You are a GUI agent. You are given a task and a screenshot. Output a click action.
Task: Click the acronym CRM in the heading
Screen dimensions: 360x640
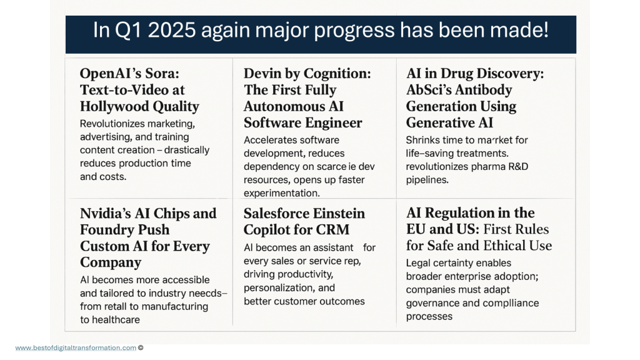pyautogui.click(x=332, y=229)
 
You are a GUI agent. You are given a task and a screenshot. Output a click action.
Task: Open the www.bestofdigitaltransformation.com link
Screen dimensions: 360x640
pyautogui.click(x=75, y=348)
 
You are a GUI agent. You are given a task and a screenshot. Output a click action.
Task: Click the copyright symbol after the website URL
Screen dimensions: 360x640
pyautogui.click(x=141, y=348)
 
